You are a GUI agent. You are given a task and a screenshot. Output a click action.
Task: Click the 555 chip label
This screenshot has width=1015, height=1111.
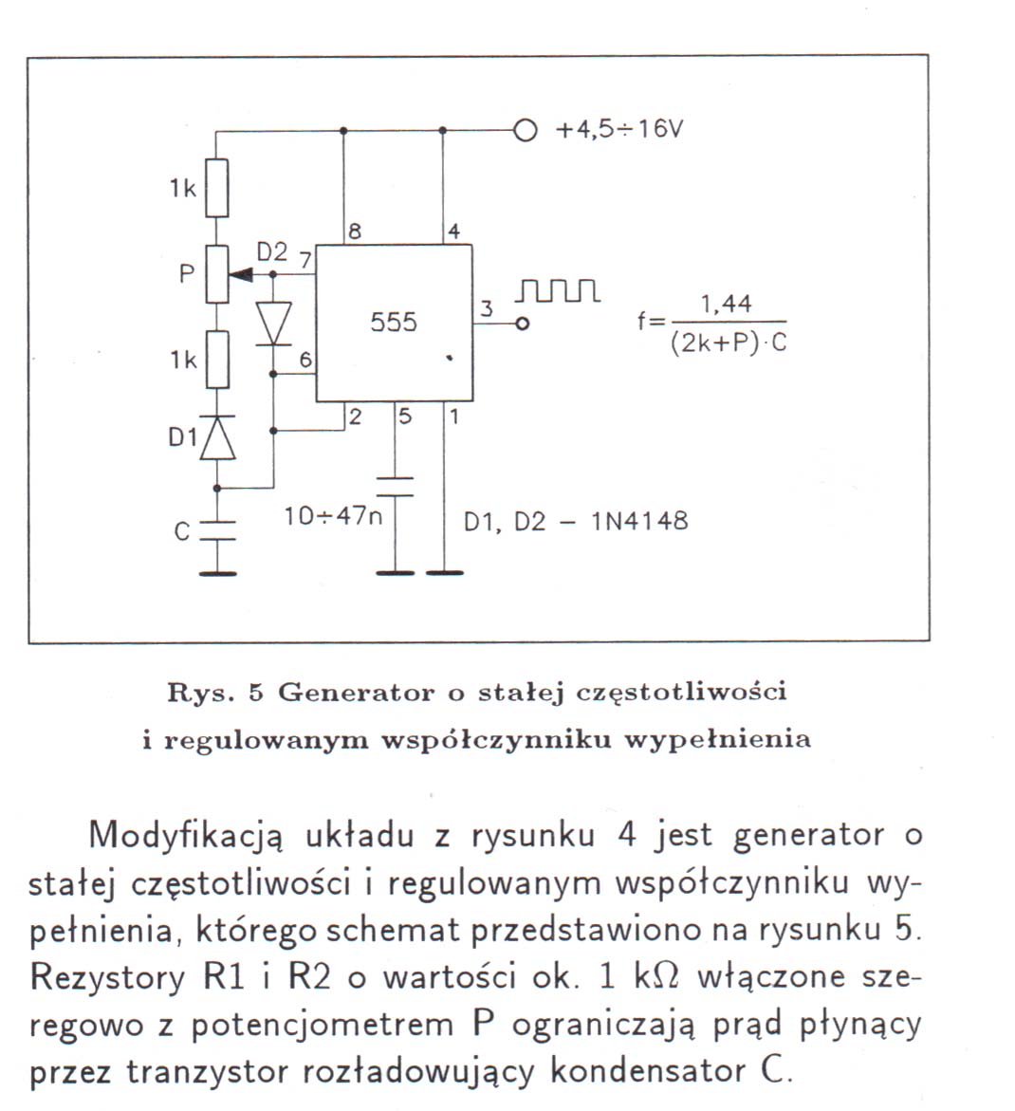pyautogui.click(x=393, y=323)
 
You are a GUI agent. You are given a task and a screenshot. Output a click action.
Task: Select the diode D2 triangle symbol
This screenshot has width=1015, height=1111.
pyautogui.click(x=273, y=324)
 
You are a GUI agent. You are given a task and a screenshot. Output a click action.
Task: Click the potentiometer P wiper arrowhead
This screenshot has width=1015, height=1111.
pyautogui.click(x=241, y=274)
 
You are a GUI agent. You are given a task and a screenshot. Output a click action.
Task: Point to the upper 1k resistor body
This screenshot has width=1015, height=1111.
pyautogui.click(x=217, y=188)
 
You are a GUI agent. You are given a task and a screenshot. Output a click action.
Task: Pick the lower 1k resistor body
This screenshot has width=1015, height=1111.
pyautogui.click(x=217, y=360)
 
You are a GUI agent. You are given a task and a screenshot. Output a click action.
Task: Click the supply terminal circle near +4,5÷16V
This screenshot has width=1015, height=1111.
pyautogui.click(x=525, y=130)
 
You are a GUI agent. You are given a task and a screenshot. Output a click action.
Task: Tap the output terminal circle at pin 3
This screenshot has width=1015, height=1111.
pyautogui.click(x=522, y=324)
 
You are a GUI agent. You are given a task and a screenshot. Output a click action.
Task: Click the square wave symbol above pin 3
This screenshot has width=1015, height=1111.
pyautogui.click(x=559, y=290)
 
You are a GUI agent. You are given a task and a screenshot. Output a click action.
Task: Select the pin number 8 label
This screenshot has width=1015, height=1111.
pyautogui.click(x=355, y=231)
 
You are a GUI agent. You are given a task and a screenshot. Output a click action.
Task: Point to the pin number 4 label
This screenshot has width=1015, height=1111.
pyautogui.click(x=453, y=231)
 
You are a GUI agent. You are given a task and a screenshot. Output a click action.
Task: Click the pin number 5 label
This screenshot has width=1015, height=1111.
pyautogui.click(x=404, y=416)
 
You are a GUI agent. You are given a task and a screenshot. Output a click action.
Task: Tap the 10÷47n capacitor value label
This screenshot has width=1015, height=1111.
pyautogui.click(x=333, y=516)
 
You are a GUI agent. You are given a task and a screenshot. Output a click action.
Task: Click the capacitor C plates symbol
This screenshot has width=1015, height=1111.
pyautogui.click(x=217, y=530)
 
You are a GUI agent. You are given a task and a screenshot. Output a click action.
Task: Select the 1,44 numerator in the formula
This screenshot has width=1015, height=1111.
pyautogui.click(x=726, y=305)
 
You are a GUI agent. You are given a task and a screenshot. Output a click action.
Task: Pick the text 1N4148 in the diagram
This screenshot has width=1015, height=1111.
pyautogui.click(x=639, y=522)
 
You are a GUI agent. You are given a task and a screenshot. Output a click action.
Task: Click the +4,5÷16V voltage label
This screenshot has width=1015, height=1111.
pyautogui.click(x=619, y=130)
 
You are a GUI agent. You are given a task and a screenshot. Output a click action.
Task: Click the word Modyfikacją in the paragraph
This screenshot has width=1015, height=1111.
pyautogui.click(x=186, y=837)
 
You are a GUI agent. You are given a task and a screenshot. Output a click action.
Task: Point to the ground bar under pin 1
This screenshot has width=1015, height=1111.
pyautogui.click(x=445, y=572)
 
